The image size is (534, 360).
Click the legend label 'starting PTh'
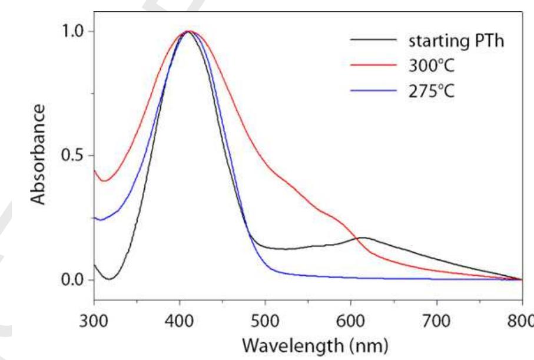pos(456,42)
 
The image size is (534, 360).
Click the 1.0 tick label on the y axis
pos(74,31)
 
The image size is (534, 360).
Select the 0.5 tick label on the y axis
pos(74,156)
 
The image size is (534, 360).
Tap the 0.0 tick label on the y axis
pos(74,280)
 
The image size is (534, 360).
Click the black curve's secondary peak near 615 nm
pos(364,238)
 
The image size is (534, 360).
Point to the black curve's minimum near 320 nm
pos(110,279)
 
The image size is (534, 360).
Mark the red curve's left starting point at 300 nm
pos(94,170)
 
